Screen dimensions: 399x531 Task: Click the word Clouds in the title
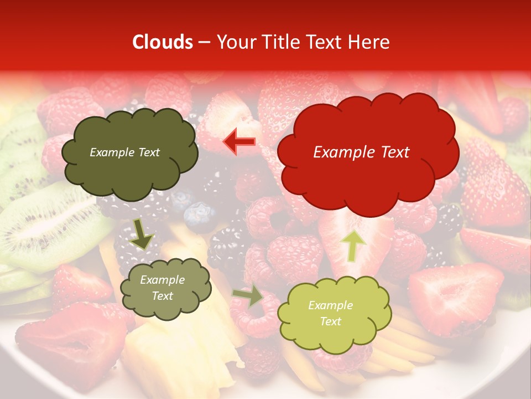click(163, 42)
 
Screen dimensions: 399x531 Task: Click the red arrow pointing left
click(239, 142)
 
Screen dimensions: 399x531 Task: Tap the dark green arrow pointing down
click(143, 234)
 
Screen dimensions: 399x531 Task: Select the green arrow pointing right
click(248, 296)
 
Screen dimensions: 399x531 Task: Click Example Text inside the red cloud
click(361, 152)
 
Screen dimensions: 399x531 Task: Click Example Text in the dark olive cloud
click(124, 152)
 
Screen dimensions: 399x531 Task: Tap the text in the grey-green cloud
click(162, 288)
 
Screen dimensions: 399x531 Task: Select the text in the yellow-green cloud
click(330, 314)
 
